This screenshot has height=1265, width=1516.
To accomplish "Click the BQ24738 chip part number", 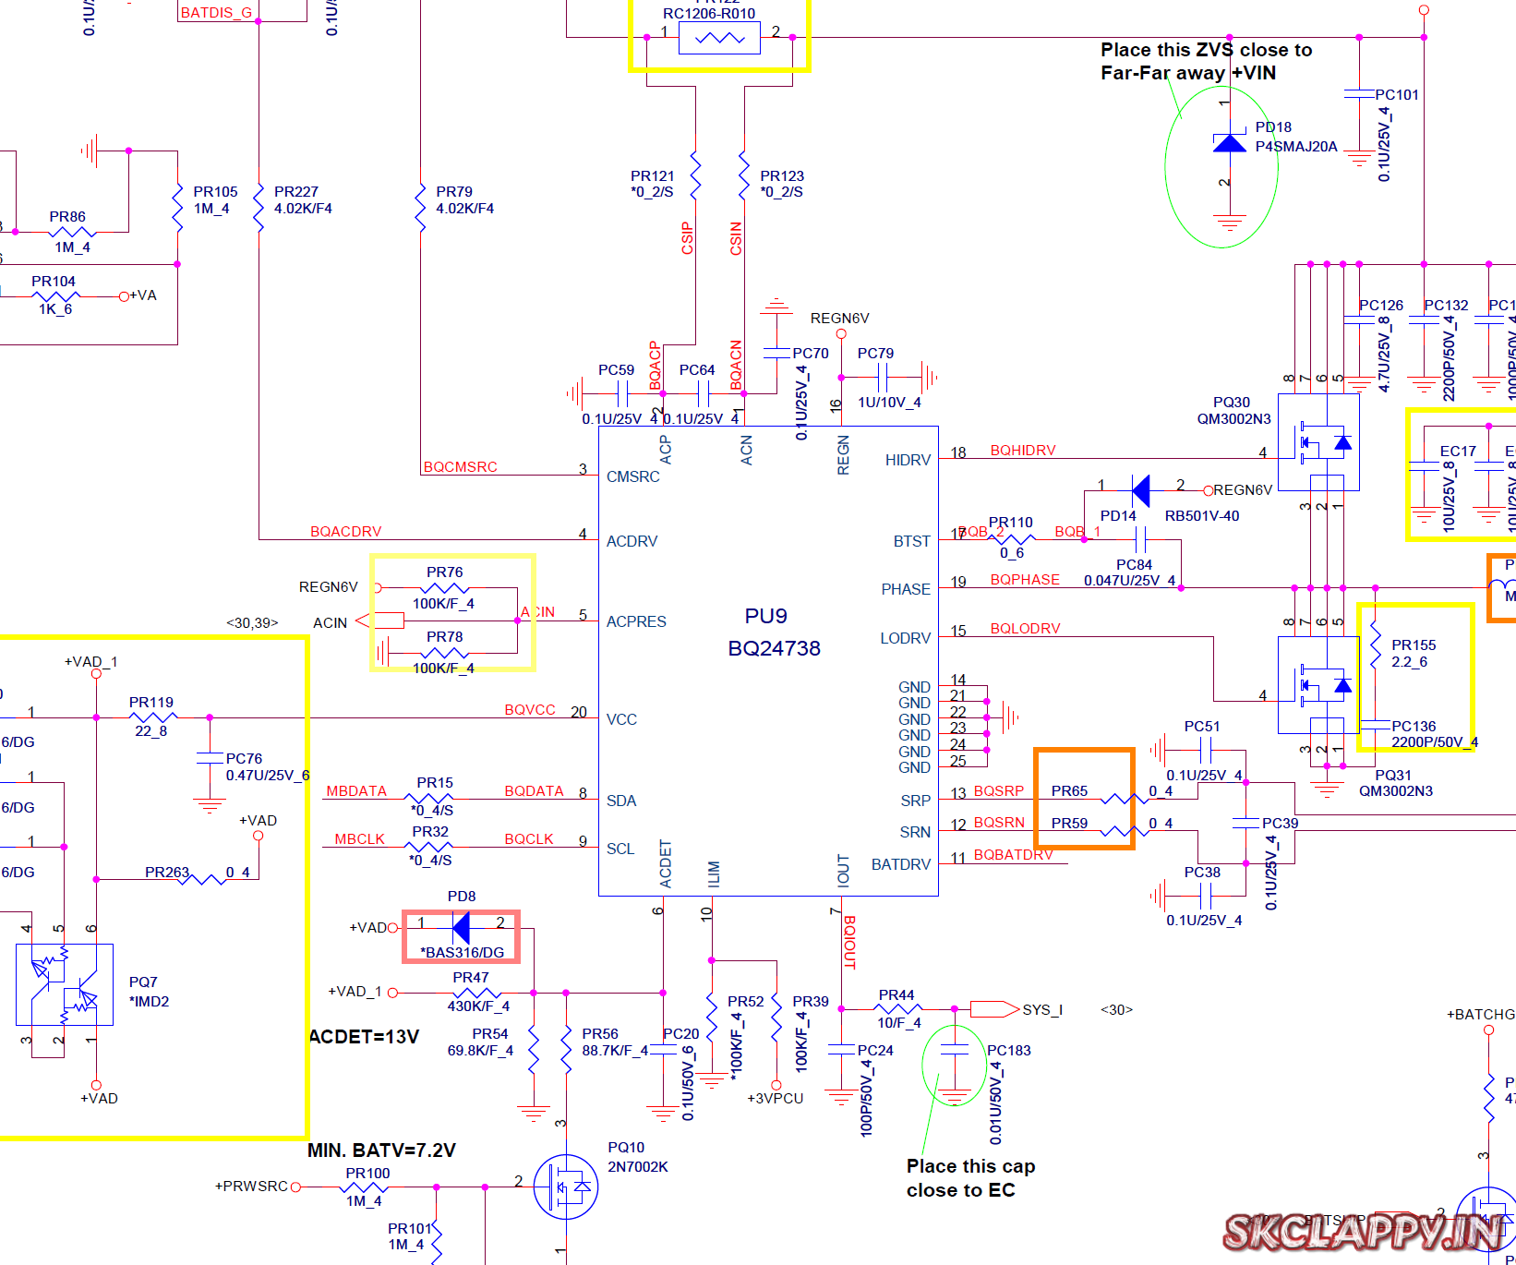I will (x=774, y=648).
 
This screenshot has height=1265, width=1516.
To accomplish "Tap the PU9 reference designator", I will (x=765, y=616).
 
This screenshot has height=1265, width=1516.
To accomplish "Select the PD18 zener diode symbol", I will (x=1229, y=143).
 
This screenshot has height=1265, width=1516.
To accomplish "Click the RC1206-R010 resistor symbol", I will (x=719, y=38).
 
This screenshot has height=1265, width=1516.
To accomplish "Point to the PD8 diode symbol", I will (x=462, y=926).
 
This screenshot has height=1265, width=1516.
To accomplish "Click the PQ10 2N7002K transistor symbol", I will (x=566, y=1187).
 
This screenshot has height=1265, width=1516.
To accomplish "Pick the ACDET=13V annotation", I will (x=364, y=1037).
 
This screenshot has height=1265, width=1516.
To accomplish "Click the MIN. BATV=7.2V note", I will (x=381, y=1151).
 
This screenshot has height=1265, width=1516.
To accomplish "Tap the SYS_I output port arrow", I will (x=993, y=1009).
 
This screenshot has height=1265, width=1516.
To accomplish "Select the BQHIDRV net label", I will (x=1023, y=451).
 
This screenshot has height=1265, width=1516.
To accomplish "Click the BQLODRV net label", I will (x=1025, y=629).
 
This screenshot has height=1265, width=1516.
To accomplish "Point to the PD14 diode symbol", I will (x=1141, y=490).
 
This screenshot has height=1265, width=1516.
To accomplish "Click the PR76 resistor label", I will (x=444, y=572).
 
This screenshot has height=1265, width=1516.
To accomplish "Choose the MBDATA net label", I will (x=356, y=791).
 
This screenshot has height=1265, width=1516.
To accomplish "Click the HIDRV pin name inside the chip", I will (x=908, y=460).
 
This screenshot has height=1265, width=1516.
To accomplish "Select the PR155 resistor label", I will (x=1414, y=645).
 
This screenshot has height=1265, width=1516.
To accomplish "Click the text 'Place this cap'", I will (x=970, y=1166).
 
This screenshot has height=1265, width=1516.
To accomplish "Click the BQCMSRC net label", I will (x=460, y=467).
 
